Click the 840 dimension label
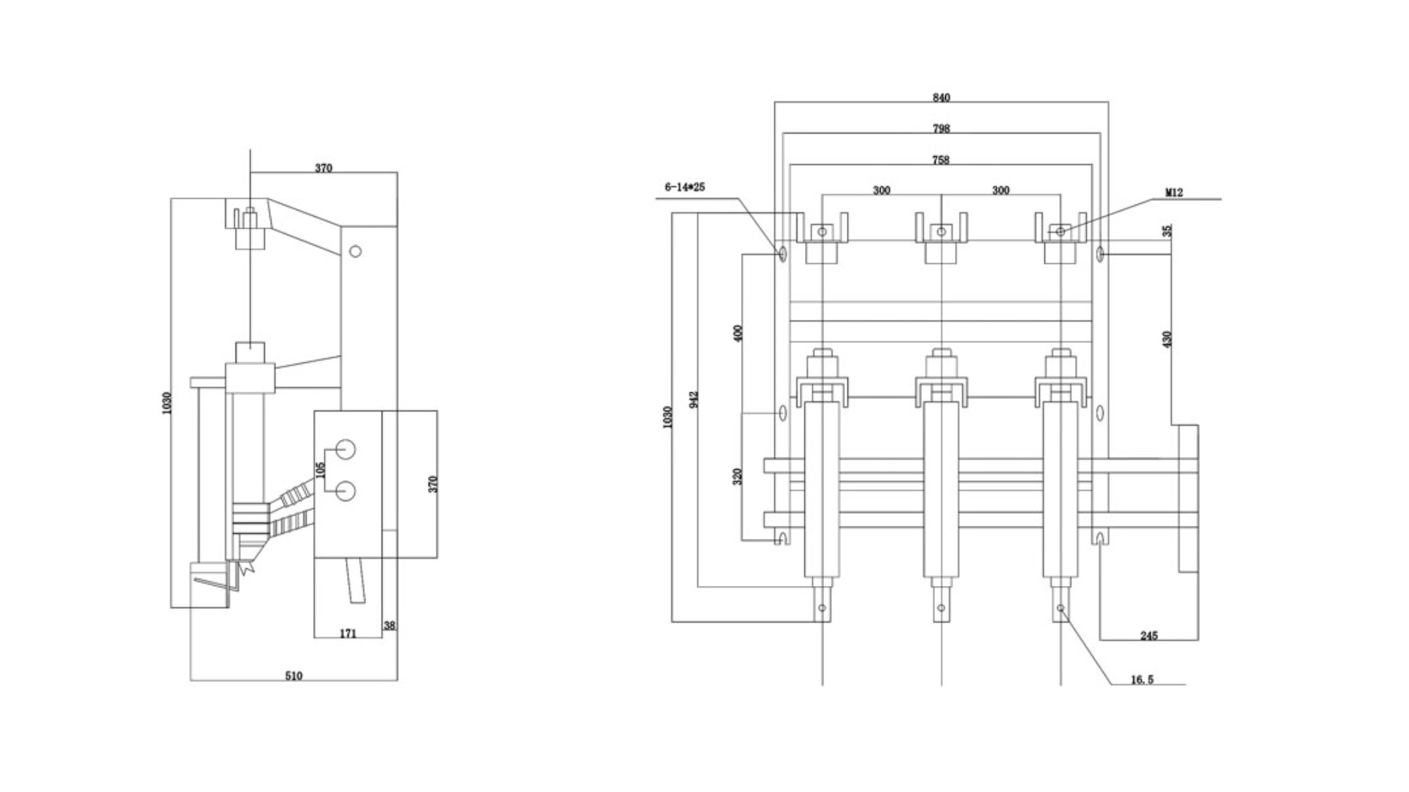(941, 98)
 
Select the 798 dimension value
(941, 128)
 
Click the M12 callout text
(1174, 193)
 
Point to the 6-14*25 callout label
(684, 187)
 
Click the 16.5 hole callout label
(1142, 680)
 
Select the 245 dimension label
(1148, 635)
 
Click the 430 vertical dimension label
(1168, 339)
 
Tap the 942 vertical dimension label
(694, 399)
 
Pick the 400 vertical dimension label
(738, 332)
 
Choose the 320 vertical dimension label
(738, 476)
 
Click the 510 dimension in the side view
(294, 675)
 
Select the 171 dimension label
(348, 633)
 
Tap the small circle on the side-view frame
(355, 252)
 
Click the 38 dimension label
(390, 626)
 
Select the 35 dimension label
(1168, 230)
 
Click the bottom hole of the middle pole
(942, 608)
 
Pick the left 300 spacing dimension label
(881, 190)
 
